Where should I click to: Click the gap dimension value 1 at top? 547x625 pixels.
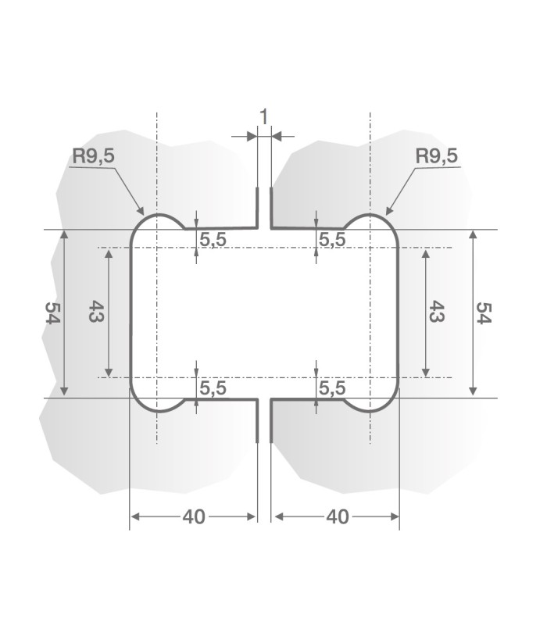click(x=264, y=116)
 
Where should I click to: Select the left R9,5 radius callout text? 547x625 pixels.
click(x=94, y=156)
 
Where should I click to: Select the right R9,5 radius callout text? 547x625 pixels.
click(x=436, y=156)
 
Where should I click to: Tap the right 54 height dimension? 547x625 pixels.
click(x=484, y=313)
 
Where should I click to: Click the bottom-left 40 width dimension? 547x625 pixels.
click(x=194, y=517)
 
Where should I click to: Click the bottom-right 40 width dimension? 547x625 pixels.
click(x=336, y=517)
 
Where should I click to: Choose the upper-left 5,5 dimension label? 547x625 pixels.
click(x=213, y=241)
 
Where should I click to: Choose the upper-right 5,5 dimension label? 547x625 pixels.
click(x=331, y=241)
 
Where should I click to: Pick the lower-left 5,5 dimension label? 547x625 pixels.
click(x=213, y=387)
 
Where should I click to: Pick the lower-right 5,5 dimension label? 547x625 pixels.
click(x=331, y=387)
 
